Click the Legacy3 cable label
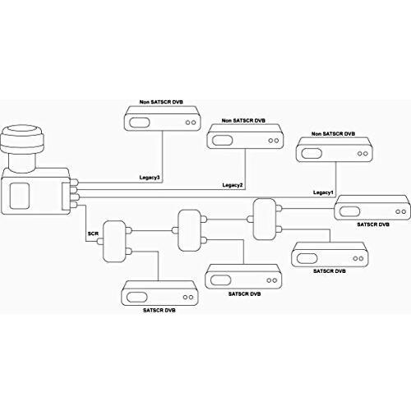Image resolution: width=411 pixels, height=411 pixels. [150, 178]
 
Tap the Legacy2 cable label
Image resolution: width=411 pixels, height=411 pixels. [233, 185]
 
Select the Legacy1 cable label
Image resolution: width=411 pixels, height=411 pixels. [323, 192]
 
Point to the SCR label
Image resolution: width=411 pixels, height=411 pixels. [93, 233]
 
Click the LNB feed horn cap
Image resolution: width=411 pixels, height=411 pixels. [22, 139]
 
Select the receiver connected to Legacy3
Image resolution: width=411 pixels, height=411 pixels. [162, 118]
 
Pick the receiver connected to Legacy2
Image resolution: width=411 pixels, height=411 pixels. [245, 136]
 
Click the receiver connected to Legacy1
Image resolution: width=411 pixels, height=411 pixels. [335, 150]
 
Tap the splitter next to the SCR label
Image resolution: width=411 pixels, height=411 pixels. [114, 242]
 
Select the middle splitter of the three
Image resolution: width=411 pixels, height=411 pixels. [189, 230]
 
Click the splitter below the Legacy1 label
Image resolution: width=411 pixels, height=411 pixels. [265, 219]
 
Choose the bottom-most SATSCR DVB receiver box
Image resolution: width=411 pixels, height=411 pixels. [159, 293]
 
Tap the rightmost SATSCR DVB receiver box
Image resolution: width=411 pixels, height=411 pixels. [372, 207]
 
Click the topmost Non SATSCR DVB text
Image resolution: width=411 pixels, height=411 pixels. [161, 102]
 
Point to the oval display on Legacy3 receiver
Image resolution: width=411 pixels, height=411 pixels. [140, 122]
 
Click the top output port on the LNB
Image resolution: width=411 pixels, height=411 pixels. [75, 182]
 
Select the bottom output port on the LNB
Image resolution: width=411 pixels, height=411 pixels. [75, 205]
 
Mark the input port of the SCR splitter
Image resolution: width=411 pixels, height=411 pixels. [99, 242]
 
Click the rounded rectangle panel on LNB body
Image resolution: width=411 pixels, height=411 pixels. [20, 196]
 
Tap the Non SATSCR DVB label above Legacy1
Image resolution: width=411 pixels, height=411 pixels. [333, 134]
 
